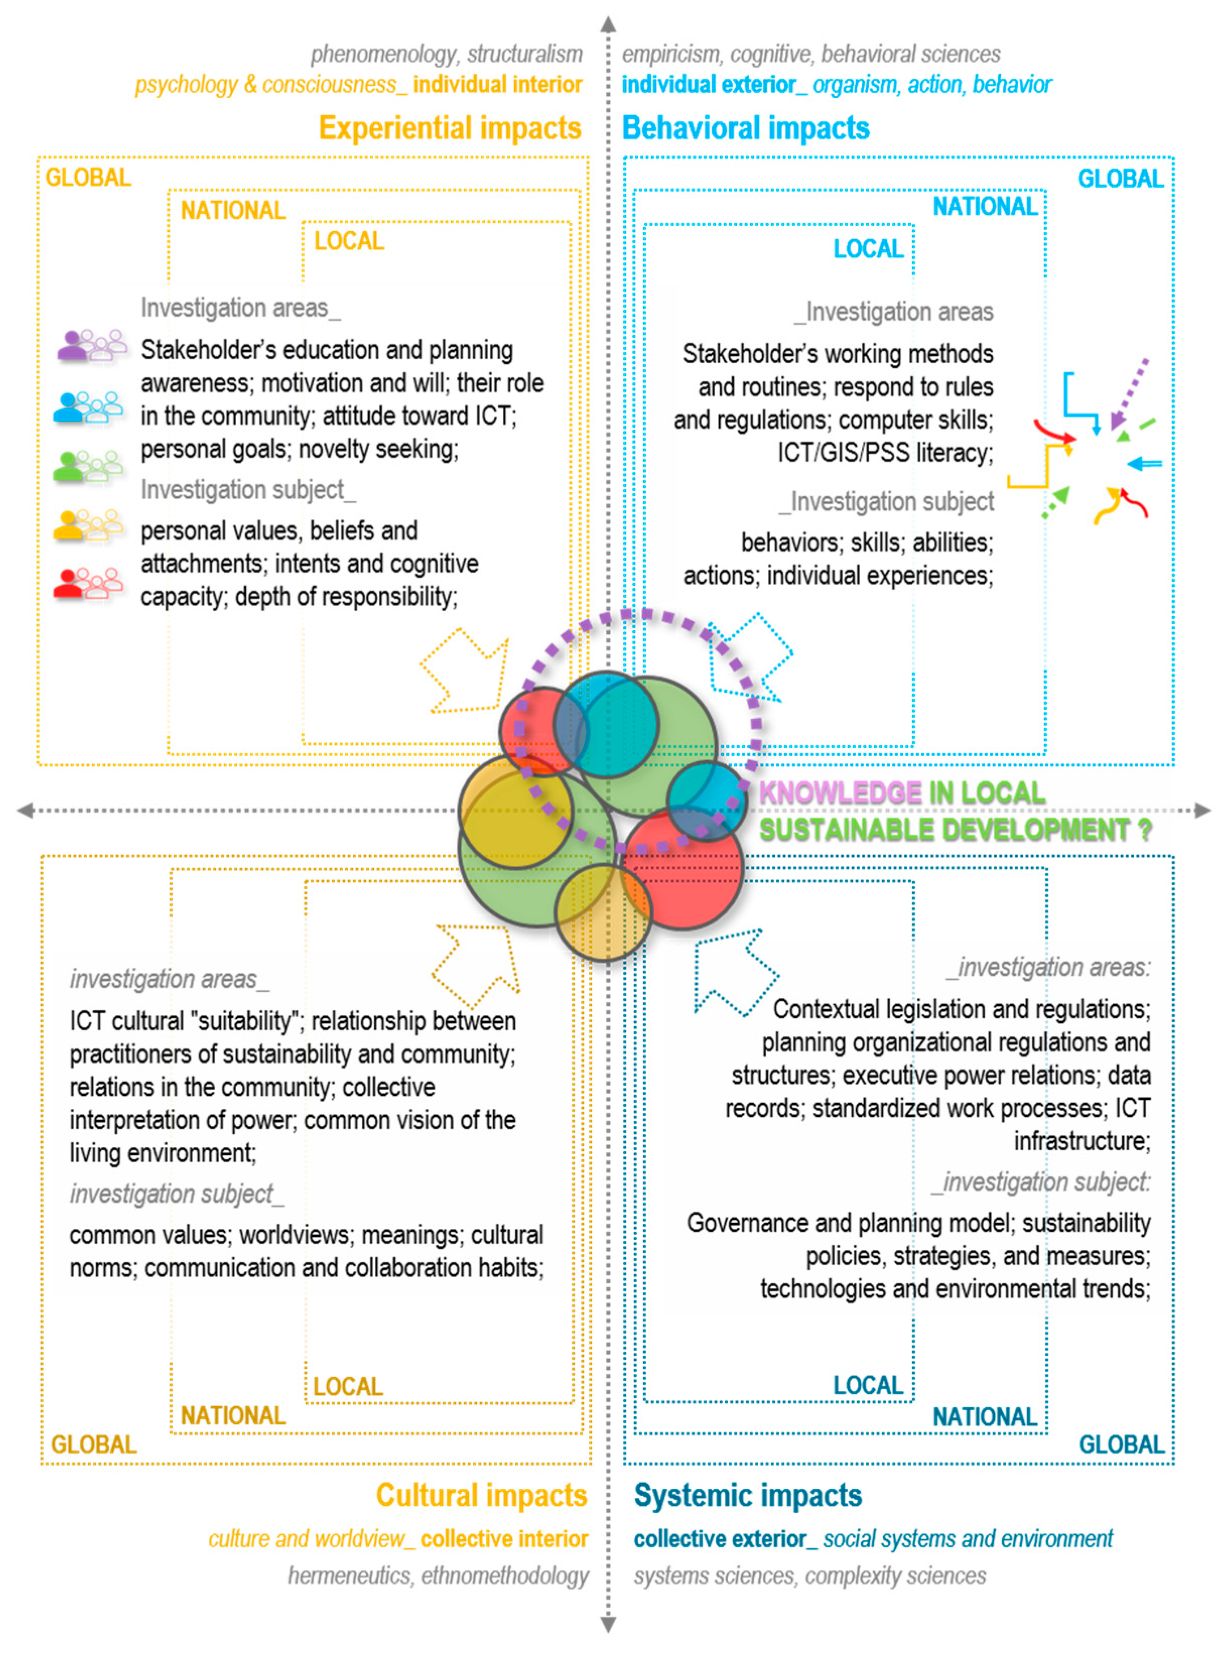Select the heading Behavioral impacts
click(x=745, y=128)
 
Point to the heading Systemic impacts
click(x=747, y=1495)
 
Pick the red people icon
click(x=88, y=583)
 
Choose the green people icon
click(x=88, y=466)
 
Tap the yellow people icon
click(x=88, y=524)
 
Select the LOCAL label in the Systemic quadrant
click(x=867, y=1385)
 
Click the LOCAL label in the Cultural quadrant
click(x=348, y=1386)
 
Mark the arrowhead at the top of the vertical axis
click(x=608, y=25)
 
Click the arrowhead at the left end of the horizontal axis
click(x=25, y=810)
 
